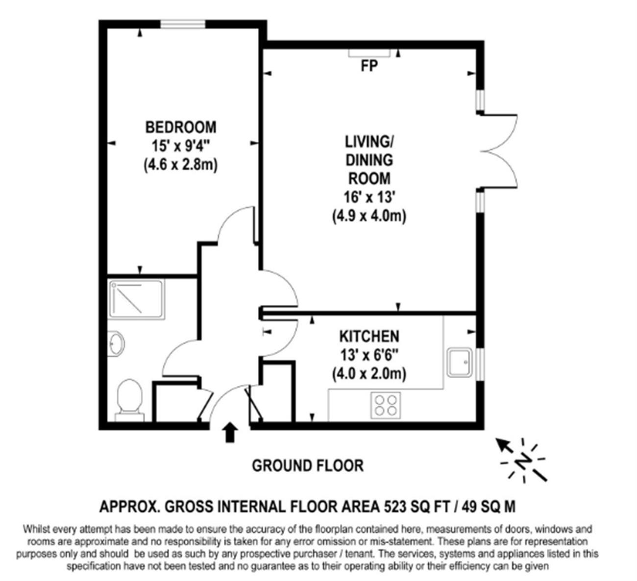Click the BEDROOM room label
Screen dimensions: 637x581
click(181, 127)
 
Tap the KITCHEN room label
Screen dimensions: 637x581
click(369, 337)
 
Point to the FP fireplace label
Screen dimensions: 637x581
click(369, 66)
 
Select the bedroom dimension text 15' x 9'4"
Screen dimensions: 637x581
click(181, 146)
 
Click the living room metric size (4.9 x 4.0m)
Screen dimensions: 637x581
click(369, 217)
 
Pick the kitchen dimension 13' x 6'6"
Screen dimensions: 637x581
click(369, 355)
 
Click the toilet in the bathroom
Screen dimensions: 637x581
click(129, 400)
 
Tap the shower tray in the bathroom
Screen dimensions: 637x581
click(137, 299)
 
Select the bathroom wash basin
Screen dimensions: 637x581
click(116, 343)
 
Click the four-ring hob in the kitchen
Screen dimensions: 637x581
click(386, 406)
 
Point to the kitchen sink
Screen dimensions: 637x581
click(460, 363)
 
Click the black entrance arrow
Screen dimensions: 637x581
click(230, 432)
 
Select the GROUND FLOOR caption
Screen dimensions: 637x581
click(308, 466)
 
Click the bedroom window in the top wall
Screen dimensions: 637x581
click(183, 24)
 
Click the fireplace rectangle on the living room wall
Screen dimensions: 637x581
click(369, 53)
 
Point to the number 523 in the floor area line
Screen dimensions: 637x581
click(395, 507)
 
